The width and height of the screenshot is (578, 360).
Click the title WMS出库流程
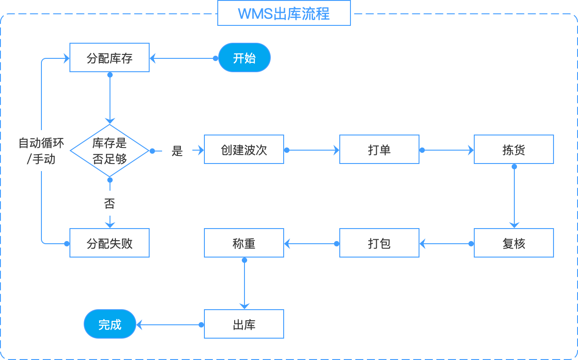284,13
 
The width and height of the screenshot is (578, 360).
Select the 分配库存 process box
110,58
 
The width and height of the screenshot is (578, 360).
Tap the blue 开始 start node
244,58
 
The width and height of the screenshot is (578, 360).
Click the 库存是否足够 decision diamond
110,151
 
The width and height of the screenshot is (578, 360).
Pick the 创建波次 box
244,150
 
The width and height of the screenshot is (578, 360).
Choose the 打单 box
379,150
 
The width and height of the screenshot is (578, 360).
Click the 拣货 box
513,150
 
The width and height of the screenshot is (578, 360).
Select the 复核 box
513,243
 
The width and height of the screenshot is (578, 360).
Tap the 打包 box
379,243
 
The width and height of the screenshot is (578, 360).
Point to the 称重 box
244,243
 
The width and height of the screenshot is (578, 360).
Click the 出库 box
244,324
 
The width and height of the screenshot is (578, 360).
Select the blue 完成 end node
110,324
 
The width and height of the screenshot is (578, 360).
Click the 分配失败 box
110,243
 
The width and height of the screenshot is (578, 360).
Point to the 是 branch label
177,151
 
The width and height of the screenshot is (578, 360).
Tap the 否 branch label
110,204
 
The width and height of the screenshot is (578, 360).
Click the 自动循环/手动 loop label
41,151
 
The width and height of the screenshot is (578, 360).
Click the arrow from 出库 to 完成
169,325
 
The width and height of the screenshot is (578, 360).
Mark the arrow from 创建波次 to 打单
312,151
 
